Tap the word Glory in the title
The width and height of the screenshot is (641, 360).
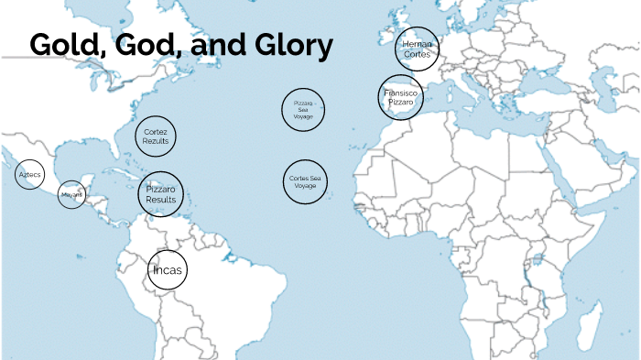292,45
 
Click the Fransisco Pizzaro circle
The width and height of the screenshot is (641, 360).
400,97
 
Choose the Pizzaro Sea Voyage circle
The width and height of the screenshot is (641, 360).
304,111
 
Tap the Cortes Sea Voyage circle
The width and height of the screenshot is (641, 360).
305,181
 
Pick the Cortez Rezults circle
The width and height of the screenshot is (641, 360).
156,136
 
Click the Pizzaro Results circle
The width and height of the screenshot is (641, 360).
161,194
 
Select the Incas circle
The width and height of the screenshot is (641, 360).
168,270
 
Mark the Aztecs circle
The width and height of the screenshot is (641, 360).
29,174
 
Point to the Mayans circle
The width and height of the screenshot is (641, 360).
71,194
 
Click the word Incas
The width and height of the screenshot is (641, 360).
168,270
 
